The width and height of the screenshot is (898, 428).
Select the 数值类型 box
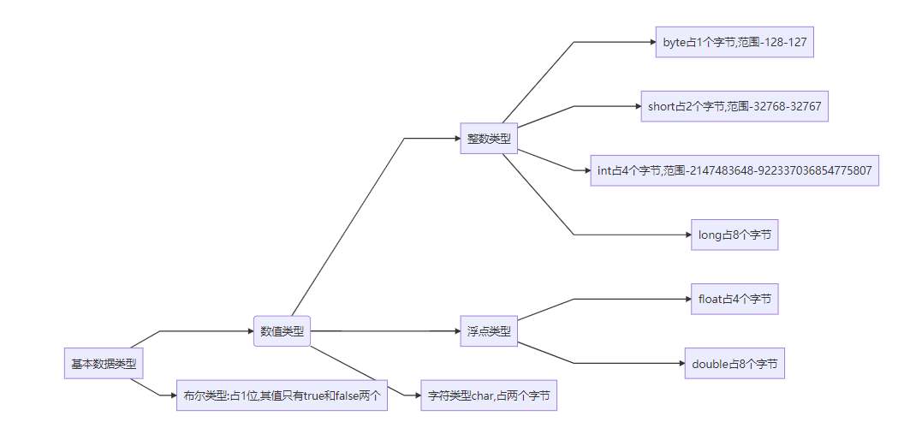[x=282, y=331]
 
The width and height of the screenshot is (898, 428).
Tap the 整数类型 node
[x=489, y=139]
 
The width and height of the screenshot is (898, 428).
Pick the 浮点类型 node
[x=489, y=331]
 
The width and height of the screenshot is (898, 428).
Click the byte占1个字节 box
[x=734, y=42]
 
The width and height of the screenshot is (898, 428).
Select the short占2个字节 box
[x=734, y=106]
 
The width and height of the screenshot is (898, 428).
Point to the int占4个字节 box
[x=734, y=170]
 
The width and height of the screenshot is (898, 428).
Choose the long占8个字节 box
[x=734, y=235]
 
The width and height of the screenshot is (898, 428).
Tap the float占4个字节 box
[x=734, y=299]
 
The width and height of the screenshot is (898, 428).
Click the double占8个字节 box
[x=734, y=364]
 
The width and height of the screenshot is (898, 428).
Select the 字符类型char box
[x=489, y=395]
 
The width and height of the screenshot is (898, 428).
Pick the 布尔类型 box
[x=282, y=395]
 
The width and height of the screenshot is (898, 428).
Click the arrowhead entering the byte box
[x=651, y=42]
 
